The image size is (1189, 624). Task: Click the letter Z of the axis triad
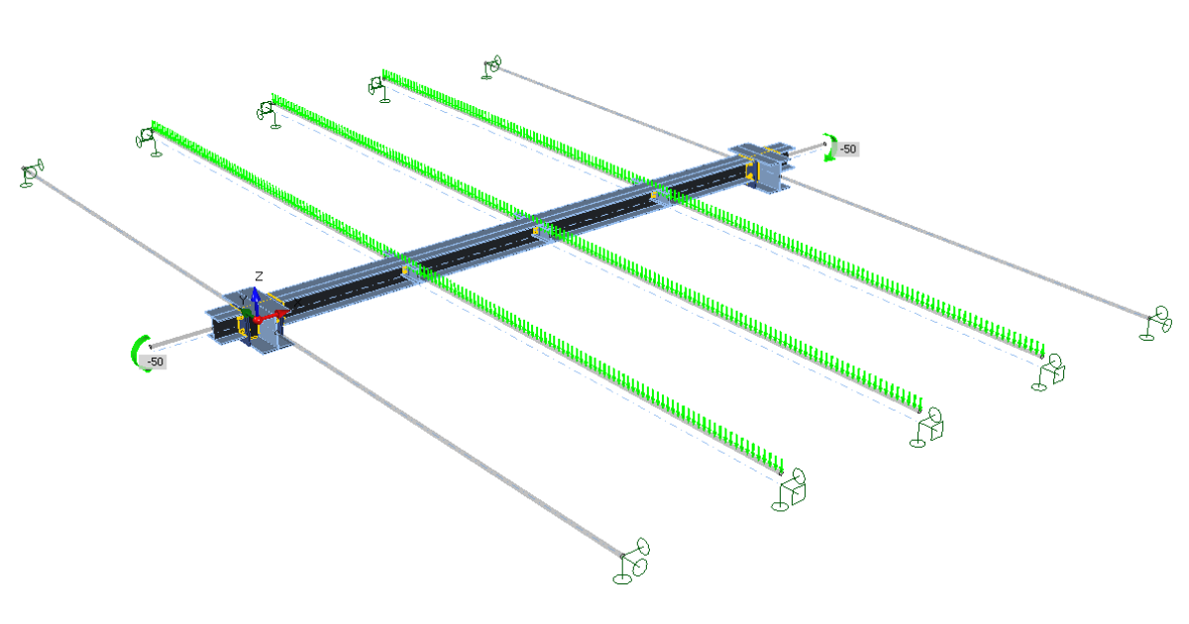(259, 276)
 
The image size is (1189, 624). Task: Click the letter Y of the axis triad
(243, 301)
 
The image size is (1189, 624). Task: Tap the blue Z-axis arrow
(256, 301)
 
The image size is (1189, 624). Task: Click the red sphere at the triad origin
(258, 320)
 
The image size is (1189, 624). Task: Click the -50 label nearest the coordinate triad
(155, 362)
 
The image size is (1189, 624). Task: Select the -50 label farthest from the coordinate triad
(848, 150)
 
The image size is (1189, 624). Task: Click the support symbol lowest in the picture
(632, 562)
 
